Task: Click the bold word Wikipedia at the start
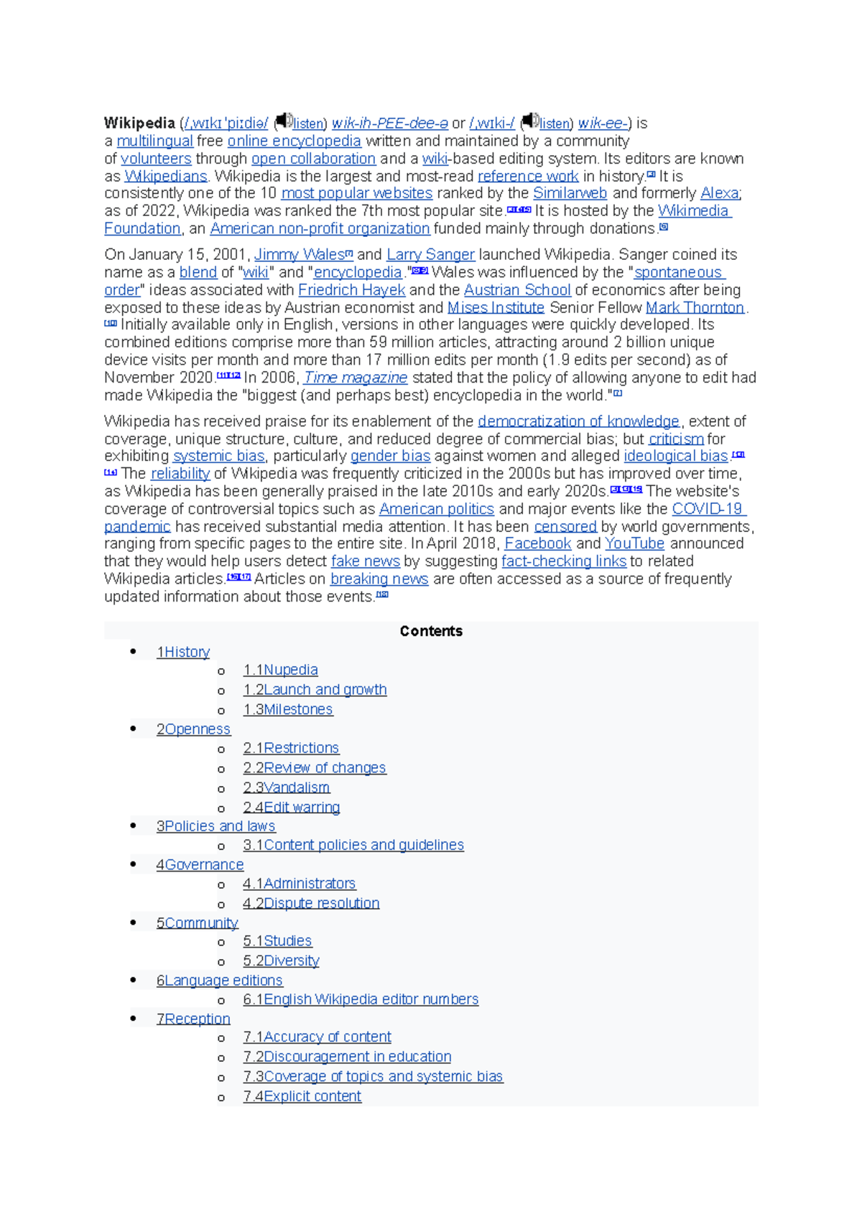click(x=139, y=123)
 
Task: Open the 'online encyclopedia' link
click(x=294, y=141)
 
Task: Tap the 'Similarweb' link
click(x=570, y=194)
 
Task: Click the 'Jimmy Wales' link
click(x=300, y=255)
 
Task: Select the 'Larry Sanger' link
click(x=430, y=255)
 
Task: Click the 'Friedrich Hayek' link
click(x=351, y=290)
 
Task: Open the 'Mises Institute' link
click(x=496, y=308)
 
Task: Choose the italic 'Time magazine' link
click(x=356, y=378)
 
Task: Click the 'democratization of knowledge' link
click(x=578, y=421)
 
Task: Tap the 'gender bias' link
click(x=390, y=457)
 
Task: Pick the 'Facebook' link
click(x=537, y=544)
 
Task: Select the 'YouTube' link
click(x=634, y=544)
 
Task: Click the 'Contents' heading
click(x=431, y=632)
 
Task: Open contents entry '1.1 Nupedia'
click(x=280, y=671)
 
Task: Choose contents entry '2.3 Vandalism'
click(x=286, y=788)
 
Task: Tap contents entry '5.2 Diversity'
click(x=281, y=961)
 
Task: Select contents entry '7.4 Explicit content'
click(x=302, y=1097)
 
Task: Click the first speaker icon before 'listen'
click(x=284, y=121)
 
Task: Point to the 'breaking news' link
click(x=379, y=579)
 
